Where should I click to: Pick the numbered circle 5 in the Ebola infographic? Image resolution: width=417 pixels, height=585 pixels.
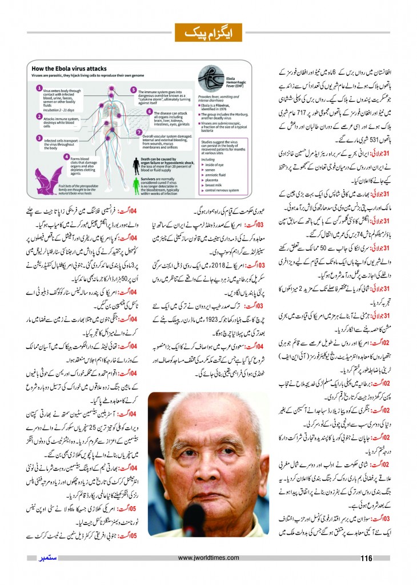[133, 90]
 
